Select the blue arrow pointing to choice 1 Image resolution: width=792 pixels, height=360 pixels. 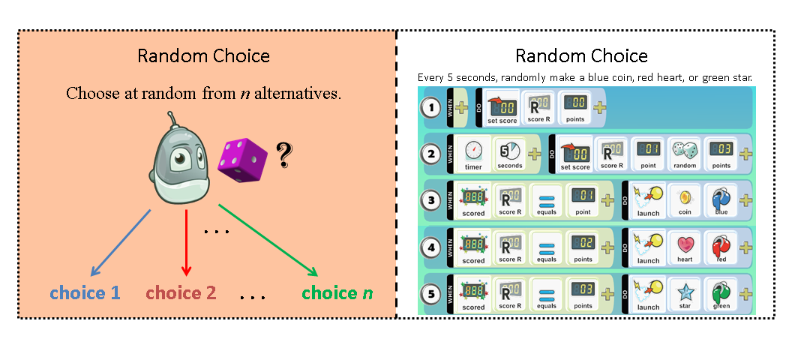click(x=120, y=241)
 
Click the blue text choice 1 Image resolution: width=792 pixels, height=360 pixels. click(x=85, y=292)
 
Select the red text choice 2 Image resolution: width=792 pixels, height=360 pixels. click(x=181, y=292)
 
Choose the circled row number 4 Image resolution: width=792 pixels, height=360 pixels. click(x=430, y=247)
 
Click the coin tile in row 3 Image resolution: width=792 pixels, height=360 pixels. click(x=684, y=200)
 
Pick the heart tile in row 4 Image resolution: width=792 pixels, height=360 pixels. click(x=684, y=247)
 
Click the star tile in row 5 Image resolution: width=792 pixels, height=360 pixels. click(x=684, y=293)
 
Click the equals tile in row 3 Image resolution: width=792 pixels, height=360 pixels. click(x=546, y=200)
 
